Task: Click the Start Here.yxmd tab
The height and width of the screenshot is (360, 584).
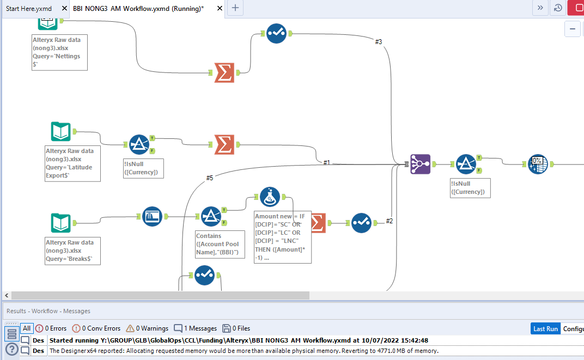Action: point(29,9)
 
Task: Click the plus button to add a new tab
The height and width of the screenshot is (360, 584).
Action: point(235,8)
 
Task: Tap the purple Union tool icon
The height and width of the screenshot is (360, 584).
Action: point(420,164)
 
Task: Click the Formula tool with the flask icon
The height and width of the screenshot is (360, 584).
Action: point(269,197)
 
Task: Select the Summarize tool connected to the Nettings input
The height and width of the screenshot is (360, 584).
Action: point(224,72)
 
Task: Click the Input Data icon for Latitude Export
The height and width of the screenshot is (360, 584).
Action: point(61,132)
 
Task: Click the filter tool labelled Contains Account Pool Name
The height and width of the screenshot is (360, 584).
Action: point(210,217)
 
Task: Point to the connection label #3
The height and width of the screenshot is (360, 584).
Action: point(379,42)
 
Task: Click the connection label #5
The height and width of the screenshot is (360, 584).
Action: point(210,178)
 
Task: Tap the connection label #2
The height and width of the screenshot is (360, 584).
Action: point(390,221)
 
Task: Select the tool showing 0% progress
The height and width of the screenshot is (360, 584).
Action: point(538,164)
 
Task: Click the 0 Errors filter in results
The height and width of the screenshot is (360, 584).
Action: point(51,328)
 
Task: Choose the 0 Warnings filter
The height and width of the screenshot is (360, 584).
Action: point(147,328)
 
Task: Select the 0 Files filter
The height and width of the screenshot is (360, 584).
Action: point(236,328)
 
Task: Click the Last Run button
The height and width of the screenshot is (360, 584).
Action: point(545,328)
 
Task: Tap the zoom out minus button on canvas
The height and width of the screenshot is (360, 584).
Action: point(572,29)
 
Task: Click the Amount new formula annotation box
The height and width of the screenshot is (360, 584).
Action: point(283,237)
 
